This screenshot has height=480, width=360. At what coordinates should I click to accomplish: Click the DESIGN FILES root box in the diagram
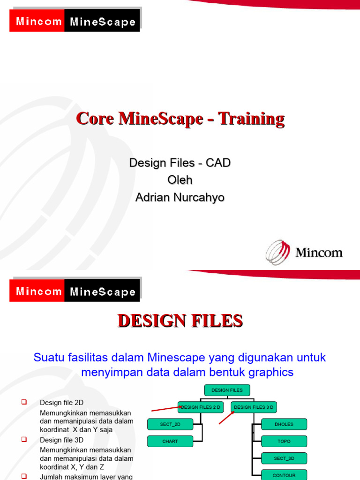tap(227, 390)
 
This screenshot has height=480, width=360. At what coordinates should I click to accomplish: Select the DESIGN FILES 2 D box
tap(201, 407)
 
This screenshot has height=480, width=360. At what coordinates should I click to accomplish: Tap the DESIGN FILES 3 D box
tap(254, 407)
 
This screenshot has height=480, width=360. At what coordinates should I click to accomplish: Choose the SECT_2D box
tap(170, 424)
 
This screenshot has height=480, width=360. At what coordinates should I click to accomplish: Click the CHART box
tap(170, 441)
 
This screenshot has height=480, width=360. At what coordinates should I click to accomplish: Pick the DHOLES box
tap(284, 424)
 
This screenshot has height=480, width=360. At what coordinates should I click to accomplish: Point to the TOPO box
tap(284, 441)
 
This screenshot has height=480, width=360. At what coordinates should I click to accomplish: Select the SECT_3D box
tap(284, 458)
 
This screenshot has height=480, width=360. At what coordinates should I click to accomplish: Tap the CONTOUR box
tap(284, 474)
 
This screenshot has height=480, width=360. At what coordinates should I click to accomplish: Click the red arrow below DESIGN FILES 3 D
tap(226, 417)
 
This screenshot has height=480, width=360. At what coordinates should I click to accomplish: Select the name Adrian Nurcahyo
tap(180, 198)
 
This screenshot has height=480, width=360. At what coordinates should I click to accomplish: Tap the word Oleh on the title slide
tap(180, 180)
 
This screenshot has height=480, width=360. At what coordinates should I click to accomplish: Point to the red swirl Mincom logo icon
tap(278, 252)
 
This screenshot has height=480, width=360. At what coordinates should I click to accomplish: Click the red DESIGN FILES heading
tap(180, 321)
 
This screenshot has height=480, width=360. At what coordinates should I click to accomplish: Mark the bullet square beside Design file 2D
tap(24, 402)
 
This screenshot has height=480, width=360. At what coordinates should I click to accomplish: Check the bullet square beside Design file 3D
tap(24, 439)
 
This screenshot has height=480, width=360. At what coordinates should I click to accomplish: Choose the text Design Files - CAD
tap(180, 163)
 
